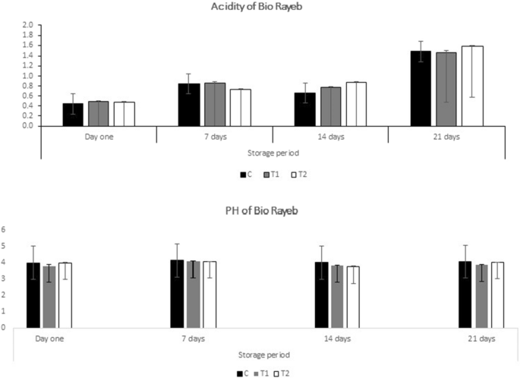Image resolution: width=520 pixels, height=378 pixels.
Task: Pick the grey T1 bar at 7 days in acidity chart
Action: [x=215, y=104]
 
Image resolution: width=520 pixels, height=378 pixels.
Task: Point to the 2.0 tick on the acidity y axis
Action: [x=27, y=26]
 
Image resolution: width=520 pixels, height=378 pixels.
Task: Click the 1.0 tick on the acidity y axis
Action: [x=27, y=76]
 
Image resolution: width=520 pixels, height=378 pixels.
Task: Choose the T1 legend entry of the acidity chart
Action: [x=272, y=175]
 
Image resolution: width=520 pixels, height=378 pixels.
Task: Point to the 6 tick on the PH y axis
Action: [x=4, y=229]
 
